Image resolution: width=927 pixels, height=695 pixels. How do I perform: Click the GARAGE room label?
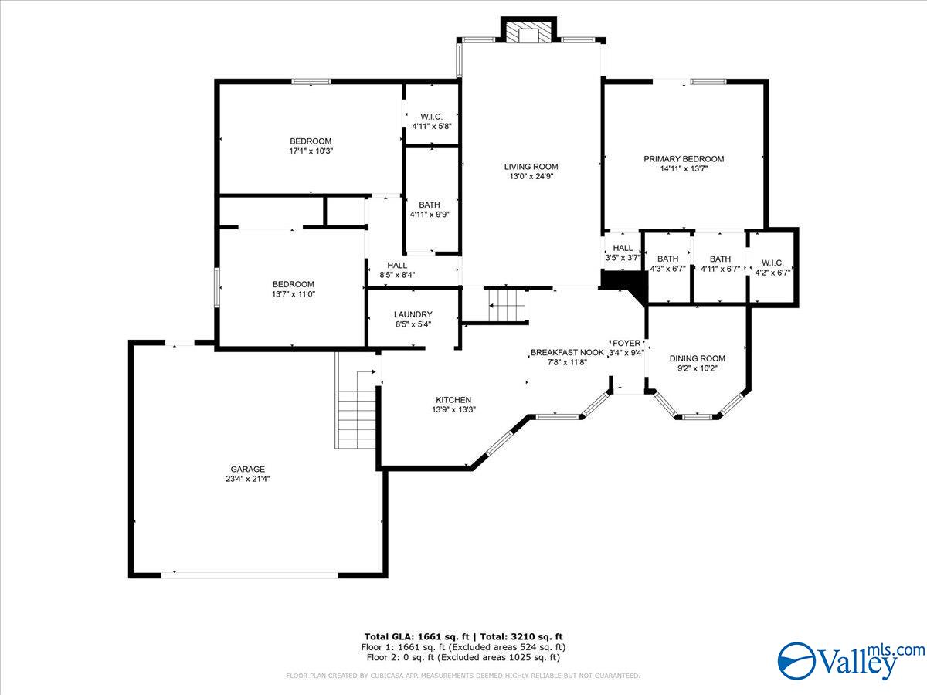coord(247,469)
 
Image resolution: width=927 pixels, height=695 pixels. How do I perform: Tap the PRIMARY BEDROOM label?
coord(684,159)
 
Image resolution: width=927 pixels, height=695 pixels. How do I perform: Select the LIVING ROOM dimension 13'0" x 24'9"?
coord(531,176)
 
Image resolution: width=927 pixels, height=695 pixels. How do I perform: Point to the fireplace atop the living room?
coord(528,30)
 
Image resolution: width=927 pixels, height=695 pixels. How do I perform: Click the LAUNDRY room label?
coord(413,314)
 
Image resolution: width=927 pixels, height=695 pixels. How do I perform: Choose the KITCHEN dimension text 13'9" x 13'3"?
coord(453,409)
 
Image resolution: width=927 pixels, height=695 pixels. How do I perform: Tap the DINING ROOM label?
coord(698,358)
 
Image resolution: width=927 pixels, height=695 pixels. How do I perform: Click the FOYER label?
coord(626,344)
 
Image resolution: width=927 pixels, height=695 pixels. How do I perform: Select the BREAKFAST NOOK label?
coord(567,352)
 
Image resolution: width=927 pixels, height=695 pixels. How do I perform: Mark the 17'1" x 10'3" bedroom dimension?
coord(311,151)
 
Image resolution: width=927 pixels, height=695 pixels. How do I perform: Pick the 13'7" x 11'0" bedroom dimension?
coord(293,294)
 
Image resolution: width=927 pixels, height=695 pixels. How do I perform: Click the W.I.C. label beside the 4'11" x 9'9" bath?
coord(432,117)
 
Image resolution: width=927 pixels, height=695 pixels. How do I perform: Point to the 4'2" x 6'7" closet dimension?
coord(772,273)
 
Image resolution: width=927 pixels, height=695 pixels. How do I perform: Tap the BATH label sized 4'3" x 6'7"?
coord(667,258)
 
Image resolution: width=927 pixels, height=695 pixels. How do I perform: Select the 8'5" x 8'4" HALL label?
coord(397,265)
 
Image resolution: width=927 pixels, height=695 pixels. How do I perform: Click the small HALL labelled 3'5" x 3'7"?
coord(623,248)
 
